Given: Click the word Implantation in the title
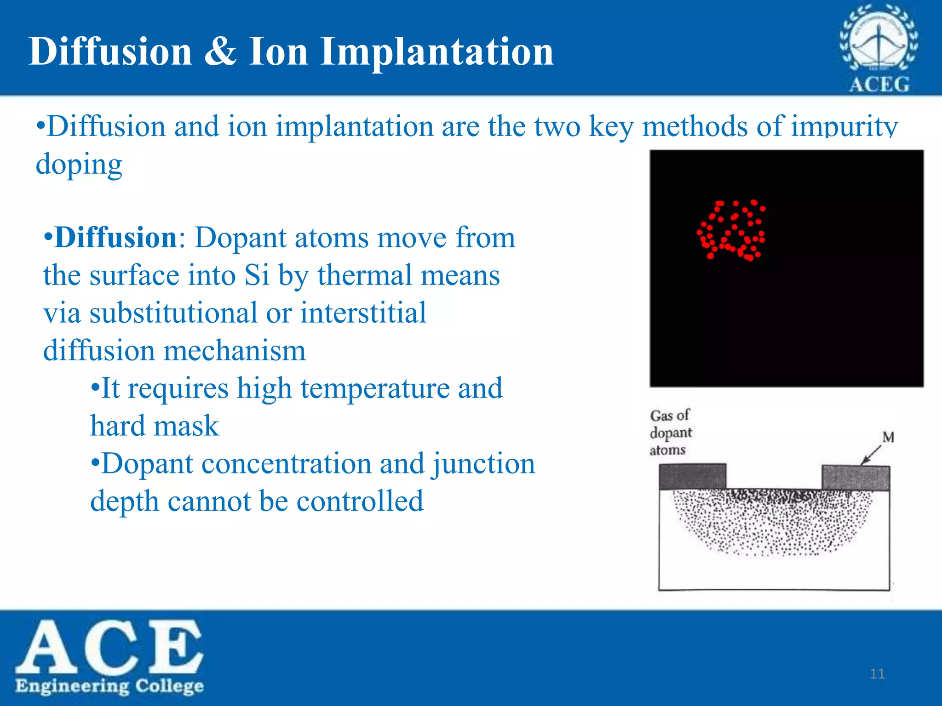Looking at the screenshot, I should (x=437, y=51).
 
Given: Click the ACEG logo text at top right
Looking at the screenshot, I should (x=879, y=85).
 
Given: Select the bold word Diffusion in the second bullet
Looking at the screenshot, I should (x=115, y=238).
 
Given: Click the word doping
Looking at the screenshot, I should (x=79, y=164).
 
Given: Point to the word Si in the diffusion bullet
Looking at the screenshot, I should (x=256, y=275).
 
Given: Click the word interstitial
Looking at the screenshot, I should (x=363, y=313).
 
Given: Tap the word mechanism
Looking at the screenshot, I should (x=235, y=351).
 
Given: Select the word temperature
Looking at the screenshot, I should (x=374, y=388).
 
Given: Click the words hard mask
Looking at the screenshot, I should (x=155, y=426).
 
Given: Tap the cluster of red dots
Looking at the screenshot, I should (x=731, y=230).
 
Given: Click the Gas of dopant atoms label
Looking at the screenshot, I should (x=670, y=433).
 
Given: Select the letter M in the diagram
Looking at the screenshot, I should (x=888, y=437).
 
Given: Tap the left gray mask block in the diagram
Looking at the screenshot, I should (x=692, y=476).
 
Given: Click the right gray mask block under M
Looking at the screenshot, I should (x=856, y=478).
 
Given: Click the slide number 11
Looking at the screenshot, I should (x=877, y=674).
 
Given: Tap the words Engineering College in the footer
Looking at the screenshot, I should (x=109, y=686).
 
